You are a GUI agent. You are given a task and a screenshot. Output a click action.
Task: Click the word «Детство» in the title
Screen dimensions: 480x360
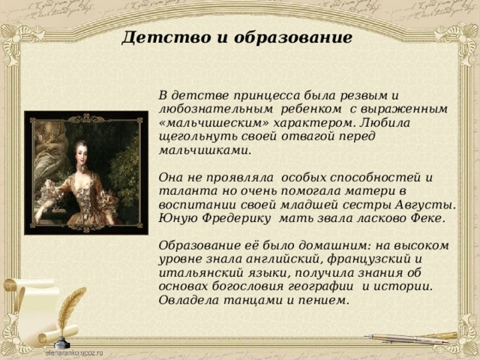coord(166,37)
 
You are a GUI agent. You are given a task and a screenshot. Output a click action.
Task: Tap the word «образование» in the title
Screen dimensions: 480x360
coord(293,37)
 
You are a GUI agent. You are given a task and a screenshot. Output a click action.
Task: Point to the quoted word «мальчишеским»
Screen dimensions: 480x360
coord(214,123)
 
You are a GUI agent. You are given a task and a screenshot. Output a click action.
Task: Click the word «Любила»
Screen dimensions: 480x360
coord(385,123)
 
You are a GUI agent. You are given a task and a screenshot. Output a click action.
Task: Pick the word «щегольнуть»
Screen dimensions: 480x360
coord(198,136)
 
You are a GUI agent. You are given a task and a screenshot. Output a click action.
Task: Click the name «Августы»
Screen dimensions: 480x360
coord(425,205)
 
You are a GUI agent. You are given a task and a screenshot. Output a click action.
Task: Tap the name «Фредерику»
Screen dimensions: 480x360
coord(237,218)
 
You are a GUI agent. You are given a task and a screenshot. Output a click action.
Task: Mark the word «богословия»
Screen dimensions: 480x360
coord(247,286)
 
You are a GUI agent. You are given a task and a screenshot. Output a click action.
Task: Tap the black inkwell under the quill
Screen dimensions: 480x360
coord(64,342)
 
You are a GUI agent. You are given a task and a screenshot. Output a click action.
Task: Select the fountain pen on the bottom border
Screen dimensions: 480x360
coord(411,338)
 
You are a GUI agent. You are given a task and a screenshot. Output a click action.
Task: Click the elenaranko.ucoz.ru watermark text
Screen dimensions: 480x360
coord(74,352)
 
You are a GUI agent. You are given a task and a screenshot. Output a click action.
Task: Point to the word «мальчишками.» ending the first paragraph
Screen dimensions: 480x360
coord(205,151)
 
